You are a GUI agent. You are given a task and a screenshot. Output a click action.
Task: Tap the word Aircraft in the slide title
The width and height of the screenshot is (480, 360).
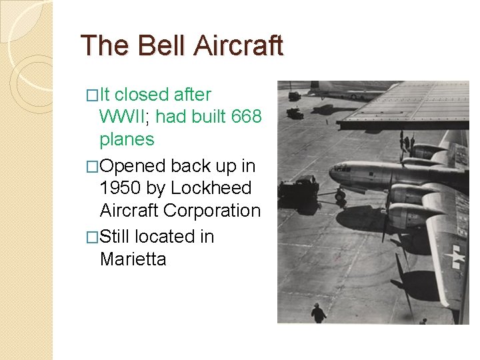[239, 46]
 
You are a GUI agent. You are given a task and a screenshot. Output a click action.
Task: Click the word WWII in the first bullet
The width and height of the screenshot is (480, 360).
[126, 117]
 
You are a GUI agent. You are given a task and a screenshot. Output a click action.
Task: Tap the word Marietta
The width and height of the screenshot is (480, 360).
[133, 259]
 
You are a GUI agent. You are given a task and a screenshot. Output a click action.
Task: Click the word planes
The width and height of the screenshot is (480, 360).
[127, 139]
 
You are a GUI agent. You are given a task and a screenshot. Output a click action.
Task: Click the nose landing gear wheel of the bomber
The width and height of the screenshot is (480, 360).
[341, 197]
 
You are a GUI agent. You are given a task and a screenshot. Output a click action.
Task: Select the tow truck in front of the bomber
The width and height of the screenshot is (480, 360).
[299, 192]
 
